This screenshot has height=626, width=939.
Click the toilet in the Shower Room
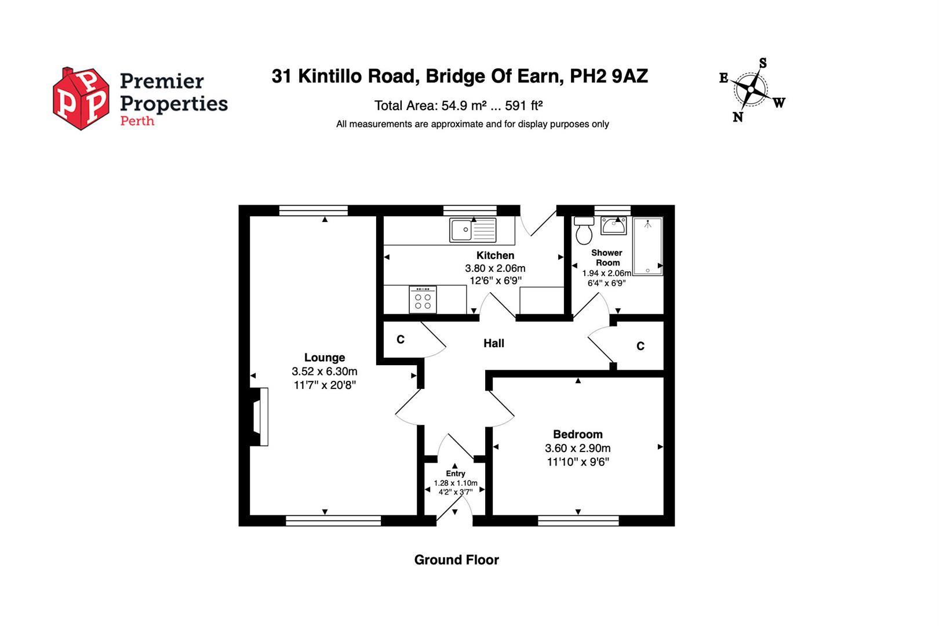[584, 230]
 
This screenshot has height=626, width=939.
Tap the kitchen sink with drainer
[473, 230]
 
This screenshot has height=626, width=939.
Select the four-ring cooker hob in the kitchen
[423, 299]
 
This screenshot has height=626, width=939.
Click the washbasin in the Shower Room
[613, 225]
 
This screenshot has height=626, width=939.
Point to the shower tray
[647, 246]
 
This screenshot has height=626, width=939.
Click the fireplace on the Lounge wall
[259, 417]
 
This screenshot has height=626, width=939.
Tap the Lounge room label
[325, 357]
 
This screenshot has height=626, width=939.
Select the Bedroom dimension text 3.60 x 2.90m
[578, 448]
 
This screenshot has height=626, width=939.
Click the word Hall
[494, 343]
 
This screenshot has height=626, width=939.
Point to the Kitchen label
[495, 256]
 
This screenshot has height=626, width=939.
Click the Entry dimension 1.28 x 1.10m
[456, 483]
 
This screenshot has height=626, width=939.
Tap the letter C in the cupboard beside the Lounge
[401, 339]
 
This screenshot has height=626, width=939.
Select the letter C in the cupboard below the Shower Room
[640, 346]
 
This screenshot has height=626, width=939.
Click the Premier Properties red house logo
[81, 99]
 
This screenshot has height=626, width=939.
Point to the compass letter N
[738, 117]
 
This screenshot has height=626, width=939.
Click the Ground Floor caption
[457, 560]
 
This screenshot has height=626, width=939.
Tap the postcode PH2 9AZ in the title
[609, 77]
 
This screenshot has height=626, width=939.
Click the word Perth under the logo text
[137, 121]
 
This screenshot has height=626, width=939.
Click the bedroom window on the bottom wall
[578, 521]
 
